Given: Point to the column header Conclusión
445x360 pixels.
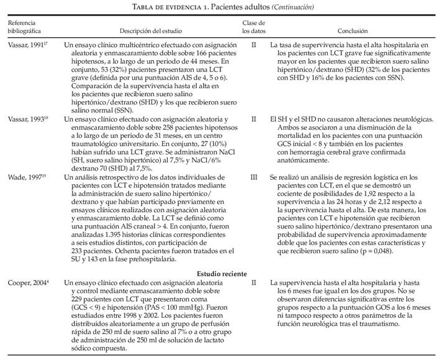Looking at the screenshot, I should pos(352,30).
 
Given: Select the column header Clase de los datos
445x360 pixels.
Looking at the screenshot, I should pos(253,25).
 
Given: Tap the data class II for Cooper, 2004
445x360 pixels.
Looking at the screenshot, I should pos(253,282).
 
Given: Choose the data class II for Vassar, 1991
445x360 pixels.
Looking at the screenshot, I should pos(253,46).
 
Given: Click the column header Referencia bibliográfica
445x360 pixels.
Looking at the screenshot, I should pos(23,25).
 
